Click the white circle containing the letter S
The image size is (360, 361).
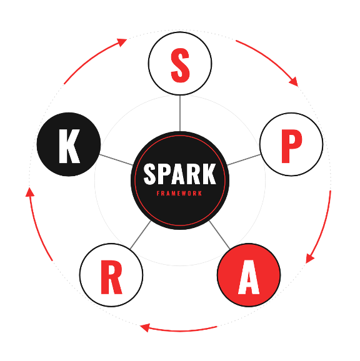coord(180,63)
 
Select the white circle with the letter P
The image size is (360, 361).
coord(291,144)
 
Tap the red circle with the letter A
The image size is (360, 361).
coord(249,275)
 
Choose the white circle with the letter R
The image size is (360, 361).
coord(111,275)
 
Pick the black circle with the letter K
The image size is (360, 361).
coord(69,144)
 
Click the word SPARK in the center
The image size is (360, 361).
coord(180,174)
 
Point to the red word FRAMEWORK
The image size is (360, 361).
coord(179,194)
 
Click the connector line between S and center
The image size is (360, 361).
coord(180,113)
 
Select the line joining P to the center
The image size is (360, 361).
coord(244,160)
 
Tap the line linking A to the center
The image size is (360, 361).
coord(219,235)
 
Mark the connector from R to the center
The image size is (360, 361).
coord(141,235)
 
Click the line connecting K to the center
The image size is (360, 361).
coord(116,160)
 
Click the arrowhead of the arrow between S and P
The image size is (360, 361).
coord(294,82)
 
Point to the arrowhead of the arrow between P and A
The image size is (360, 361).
coord(309,259)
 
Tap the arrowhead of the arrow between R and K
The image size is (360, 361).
coord(29,192)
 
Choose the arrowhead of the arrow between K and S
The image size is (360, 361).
coord(122,42)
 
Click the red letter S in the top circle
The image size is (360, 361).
coord(180,65)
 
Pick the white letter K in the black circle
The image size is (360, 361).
coord(69,146)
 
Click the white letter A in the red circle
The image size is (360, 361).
coord(249,277)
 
